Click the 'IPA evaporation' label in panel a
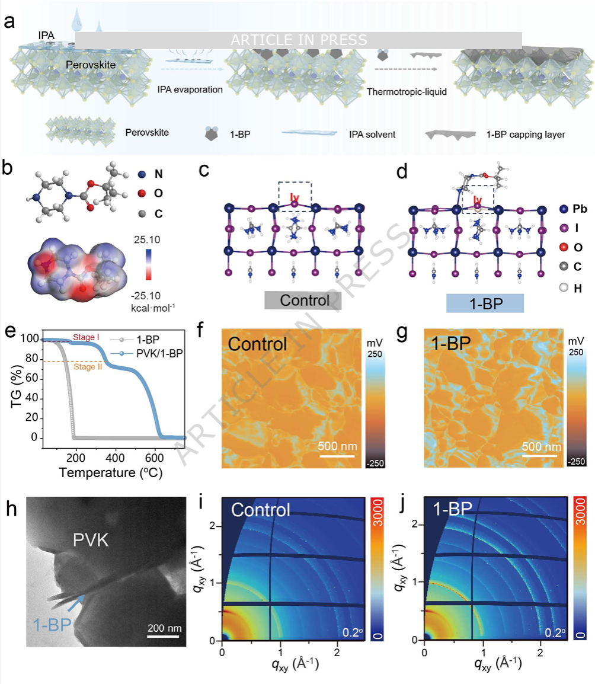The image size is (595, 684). [x=190, y=90]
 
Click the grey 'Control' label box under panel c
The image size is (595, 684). [x=304, y=300]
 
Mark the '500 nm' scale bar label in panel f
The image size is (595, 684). [x=336, y=446]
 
